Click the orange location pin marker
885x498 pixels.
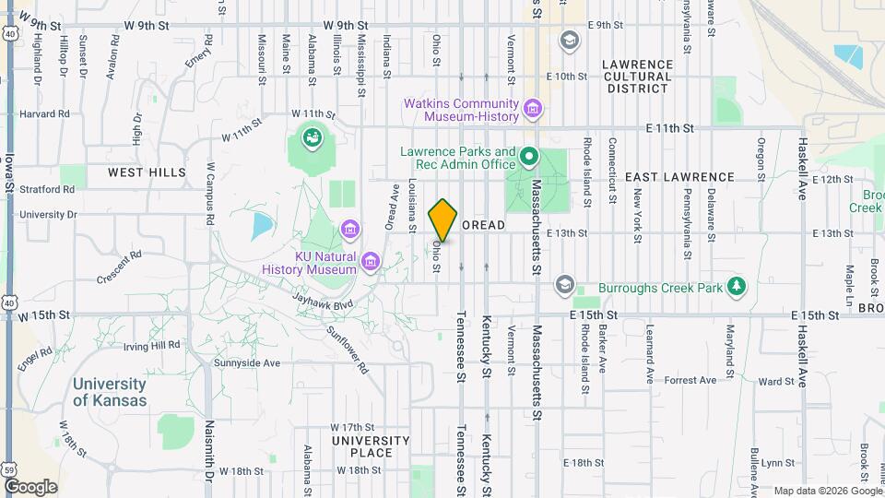[x=443, y=219]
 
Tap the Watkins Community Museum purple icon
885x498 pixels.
[x=532, y=110]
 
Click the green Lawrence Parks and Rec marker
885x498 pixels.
[x=529, y=157]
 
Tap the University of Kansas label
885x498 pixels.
[x=110, y=392]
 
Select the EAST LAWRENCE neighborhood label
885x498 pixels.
[x=679, y=176]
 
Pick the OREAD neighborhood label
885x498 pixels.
[x=483, y=225]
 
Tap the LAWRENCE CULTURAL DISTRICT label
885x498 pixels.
[x=637, y=77]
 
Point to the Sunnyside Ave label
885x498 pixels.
[x=246, y=363]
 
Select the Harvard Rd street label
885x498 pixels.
[x=44, y=114]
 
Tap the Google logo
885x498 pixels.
[x=30, y=487]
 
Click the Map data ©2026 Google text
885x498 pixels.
[x=827, y=491]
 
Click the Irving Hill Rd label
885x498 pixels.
[x=153, y=345]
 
